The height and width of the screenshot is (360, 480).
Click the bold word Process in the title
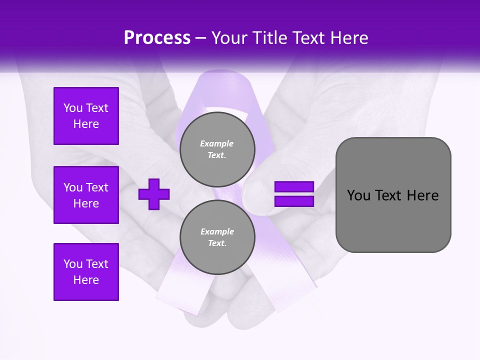pos(157,38)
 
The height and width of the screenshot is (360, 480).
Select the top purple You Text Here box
pos(86,116)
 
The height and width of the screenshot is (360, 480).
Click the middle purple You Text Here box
pos(86,195)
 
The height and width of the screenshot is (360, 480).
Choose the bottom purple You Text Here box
pos(86,272)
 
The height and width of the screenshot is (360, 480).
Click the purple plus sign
pos(154,194)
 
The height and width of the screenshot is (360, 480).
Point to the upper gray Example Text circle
pos(217,149)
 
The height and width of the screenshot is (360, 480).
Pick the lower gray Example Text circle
pos(217,237)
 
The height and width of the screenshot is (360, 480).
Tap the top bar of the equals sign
pos(294,187)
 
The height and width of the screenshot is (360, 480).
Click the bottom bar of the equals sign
pos(294,201)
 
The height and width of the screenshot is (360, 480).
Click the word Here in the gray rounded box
pos(422,195)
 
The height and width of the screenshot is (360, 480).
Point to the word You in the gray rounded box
pos(358,195)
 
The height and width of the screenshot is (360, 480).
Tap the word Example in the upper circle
pos(217,143)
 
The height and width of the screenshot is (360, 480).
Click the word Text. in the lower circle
pos(217,243)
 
